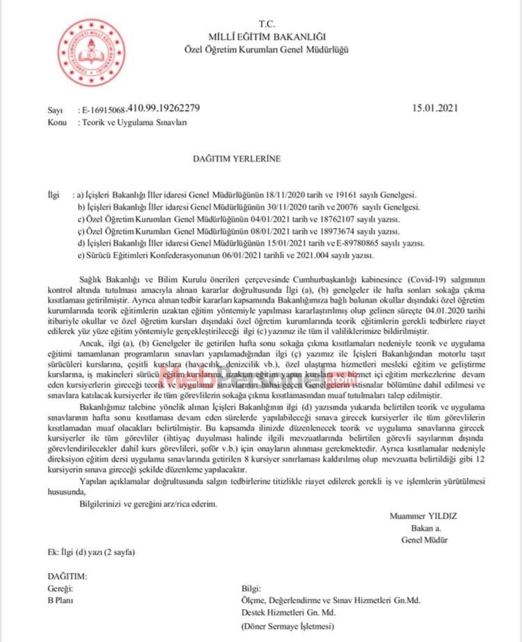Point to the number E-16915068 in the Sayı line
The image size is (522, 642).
[x=104, y=109]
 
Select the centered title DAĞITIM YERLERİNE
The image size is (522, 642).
[x=237, y=158]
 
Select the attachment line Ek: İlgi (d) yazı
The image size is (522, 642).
[x=90, y=553]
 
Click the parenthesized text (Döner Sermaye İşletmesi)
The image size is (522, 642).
[x=287, y=625]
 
